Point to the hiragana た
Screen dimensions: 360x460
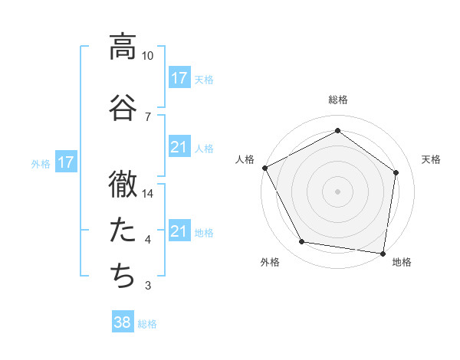point(123,228)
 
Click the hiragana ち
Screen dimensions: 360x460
point(123,274)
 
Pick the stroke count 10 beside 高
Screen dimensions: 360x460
point(148,57)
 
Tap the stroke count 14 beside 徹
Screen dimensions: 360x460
point(148,194)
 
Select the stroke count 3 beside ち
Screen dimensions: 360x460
point(148,286)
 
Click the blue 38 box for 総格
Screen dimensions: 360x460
point(123,322)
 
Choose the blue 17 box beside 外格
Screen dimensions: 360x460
point(65,162)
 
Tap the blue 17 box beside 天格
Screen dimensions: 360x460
point(179,78)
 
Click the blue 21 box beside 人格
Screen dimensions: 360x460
point(179,147)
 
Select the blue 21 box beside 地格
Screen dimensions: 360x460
point(179,231)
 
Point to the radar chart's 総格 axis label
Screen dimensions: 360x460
point(337,100)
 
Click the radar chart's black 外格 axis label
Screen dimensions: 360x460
point(270,263)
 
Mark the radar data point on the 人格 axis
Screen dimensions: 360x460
point(264,168)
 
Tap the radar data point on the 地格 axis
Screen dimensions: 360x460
point(383,253)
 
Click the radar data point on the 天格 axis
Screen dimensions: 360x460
point(396,172)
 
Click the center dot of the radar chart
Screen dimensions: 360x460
point(337,191)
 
